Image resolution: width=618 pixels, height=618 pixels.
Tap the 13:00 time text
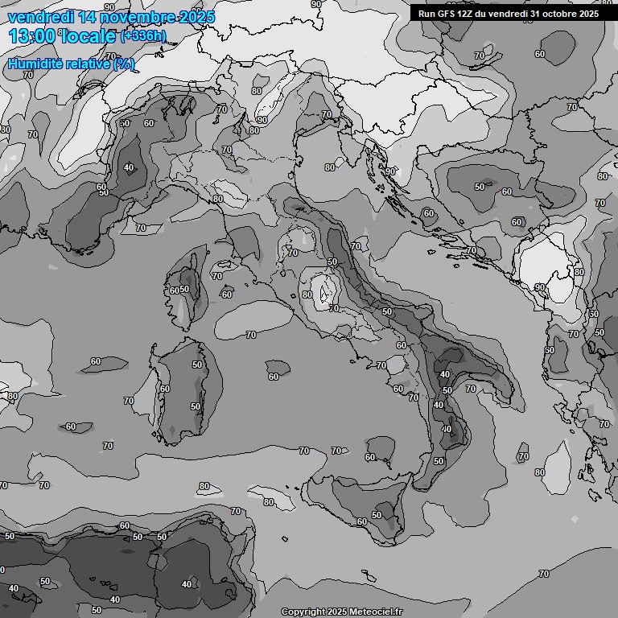[32, 35]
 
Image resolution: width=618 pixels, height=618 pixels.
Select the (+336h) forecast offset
[143, 36]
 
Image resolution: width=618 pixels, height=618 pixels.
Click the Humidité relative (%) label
[71, 64]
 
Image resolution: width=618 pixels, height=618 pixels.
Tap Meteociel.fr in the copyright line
[375, 612]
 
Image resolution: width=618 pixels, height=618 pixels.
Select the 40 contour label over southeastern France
[129, 168]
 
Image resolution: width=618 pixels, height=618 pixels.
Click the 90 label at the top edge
[315, 4]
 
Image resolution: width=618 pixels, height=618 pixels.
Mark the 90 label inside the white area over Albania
[540, 287]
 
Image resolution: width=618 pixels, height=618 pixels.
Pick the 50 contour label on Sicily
[377, 515]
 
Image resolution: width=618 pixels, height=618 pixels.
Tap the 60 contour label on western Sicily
[361, 522]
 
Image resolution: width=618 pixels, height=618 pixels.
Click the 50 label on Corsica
[184, 290]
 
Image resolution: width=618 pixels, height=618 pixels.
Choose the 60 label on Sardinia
[164, 389]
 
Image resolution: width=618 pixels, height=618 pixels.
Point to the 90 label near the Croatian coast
[390, 171]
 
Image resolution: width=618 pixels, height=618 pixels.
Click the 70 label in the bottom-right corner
[544, 574]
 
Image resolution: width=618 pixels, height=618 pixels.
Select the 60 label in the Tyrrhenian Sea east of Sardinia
[274, 377]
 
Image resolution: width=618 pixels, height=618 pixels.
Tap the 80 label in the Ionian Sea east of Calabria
[539, 472]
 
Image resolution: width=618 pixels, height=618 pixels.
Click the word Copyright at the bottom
[303, 612]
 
